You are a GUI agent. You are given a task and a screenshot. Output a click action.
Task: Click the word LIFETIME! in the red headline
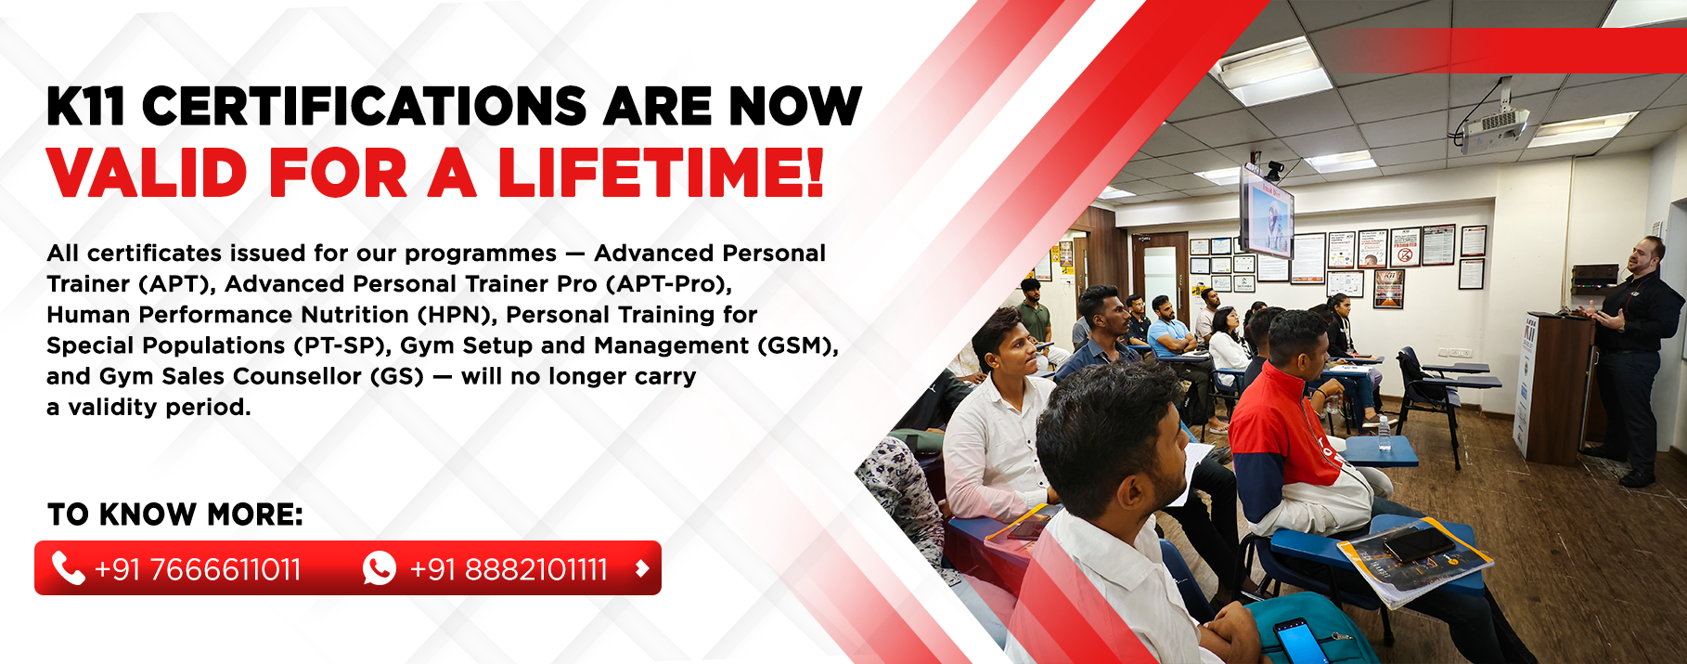click(661, 172)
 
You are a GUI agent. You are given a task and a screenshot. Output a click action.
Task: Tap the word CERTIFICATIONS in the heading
click(365, 106)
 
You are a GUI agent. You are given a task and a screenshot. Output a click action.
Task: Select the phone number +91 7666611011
click(198, 569)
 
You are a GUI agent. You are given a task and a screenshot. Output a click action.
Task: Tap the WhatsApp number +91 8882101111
click(509, 569)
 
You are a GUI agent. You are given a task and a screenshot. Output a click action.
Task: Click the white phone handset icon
click(68, 567)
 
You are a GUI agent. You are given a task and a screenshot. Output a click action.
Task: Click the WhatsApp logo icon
click(380, 567)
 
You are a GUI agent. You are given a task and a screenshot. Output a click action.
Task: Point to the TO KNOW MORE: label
click(174, 514)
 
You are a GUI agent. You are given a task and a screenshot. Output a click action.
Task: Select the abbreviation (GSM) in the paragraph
click(797, 345)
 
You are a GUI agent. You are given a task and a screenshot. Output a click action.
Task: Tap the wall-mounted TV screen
click(1268, 212)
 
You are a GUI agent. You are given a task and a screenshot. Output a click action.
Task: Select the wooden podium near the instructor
click(1552, 385)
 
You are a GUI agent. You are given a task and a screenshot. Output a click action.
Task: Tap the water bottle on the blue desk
click(1384, 431)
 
